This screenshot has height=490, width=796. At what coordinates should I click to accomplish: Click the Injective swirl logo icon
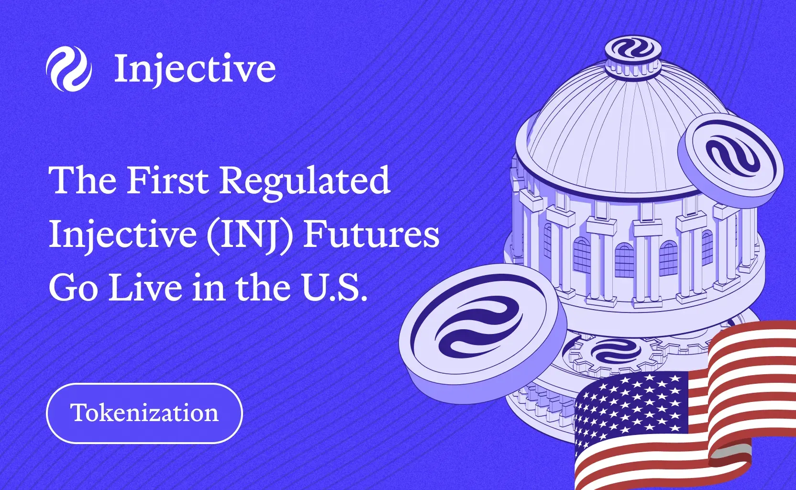pyautogui.click(x=69, y=69)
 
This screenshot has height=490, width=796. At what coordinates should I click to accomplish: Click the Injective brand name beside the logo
pyautogui.click(x=195, y=69)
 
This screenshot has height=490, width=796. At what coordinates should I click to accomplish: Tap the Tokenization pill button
pyautogui.click(x=144, y=413)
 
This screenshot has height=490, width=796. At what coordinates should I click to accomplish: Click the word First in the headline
pyautogui.click(x=167, y=180)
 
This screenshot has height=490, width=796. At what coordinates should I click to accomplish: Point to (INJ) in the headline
pyautogui.click(x=249, y=234)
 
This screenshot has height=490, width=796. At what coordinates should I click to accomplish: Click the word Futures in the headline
pyautogui.click(x=371, y=234)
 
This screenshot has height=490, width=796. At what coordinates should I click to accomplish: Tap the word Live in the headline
pyautogui.click(x=145, y=288)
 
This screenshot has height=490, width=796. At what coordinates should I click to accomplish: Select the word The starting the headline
pyautogui.click(x=82, y=180)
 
